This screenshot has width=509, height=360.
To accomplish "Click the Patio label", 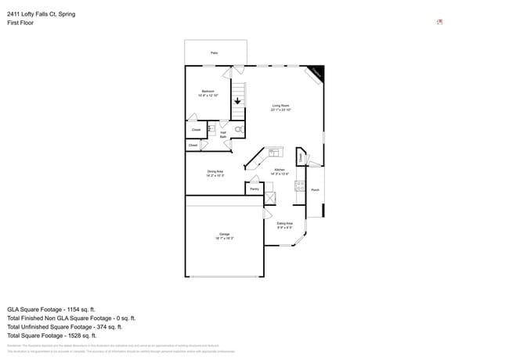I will pyautogui.click(x=214, y=52).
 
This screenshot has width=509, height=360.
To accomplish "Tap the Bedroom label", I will pyautogui.click(x=208, y=92).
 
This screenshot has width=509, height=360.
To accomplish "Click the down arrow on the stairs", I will pyautogui.click(x=237, y=101).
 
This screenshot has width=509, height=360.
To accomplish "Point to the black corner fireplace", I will pyautogui.click(x=316, y=72).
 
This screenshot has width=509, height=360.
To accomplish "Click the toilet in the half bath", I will pyautogui.click(x=239, y=129).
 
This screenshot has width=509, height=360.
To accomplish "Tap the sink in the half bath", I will pyautogui.click(x=211, y=129).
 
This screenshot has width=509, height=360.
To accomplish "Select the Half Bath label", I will pyautogui.click(x=223, y=135).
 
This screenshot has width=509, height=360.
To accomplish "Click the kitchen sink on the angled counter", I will pyautogui.click(x=274, y=152).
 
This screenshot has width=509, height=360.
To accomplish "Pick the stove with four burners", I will pyautogui.click(x=299, y=186).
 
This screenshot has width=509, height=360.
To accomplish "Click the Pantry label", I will pyautogui.click(x=254, y=189).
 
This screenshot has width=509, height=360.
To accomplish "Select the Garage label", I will pyautogui.click(x=224, y=235).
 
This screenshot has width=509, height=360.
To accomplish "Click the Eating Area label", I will pyautogui.click(x=284, y=224).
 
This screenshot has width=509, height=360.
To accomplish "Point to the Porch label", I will pyautogui.click(x=315, y=189).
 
